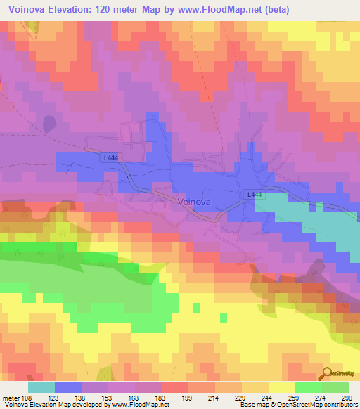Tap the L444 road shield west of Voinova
coord(110,159)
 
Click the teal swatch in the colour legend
coord(41,387)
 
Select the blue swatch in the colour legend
coord(68,387)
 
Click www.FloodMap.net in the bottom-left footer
coord(133,405)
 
